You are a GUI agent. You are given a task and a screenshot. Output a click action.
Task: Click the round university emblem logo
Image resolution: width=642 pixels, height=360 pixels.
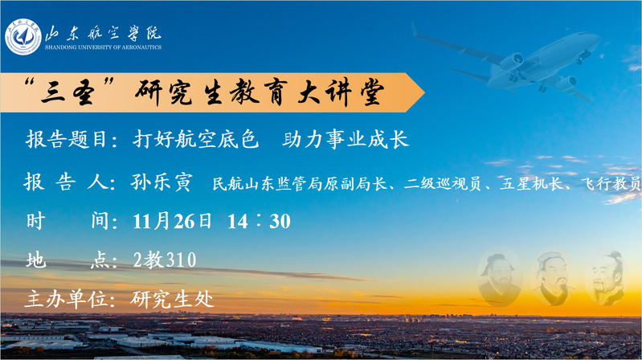23,36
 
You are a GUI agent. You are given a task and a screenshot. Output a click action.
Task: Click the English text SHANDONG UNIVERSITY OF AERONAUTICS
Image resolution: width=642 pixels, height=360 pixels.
103,47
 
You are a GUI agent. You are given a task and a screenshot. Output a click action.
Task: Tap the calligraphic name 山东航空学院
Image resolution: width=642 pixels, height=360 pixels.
103,33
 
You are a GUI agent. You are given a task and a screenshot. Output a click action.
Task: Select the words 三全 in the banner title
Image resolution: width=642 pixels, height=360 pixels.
67,92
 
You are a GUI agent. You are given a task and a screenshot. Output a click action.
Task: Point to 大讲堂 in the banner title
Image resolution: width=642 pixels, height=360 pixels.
341,92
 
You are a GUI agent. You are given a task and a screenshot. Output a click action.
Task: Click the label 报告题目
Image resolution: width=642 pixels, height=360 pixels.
66,139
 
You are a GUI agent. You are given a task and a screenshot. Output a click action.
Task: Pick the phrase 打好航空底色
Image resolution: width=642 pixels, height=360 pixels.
196,139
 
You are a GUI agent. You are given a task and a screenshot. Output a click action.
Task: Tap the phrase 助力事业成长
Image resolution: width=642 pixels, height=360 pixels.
346,139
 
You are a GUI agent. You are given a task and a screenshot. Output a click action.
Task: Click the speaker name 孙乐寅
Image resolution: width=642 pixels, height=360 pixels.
162,182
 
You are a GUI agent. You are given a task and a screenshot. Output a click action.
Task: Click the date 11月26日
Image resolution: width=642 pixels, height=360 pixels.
172,221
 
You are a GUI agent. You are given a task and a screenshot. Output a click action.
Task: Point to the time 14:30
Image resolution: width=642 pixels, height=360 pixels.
259,221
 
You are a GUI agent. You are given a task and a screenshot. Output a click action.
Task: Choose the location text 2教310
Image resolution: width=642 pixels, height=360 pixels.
165,260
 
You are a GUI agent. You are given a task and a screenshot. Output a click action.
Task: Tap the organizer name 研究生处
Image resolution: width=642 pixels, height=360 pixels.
172,300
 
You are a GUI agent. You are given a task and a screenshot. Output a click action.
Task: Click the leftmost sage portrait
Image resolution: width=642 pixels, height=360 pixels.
499,279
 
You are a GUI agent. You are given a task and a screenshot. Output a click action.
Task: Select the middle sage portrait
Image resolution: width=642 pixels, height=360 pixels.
554,279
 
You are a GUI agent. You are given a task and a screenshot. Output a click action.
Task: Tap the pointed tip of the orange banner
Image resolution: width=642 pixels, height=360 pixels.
424,92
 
